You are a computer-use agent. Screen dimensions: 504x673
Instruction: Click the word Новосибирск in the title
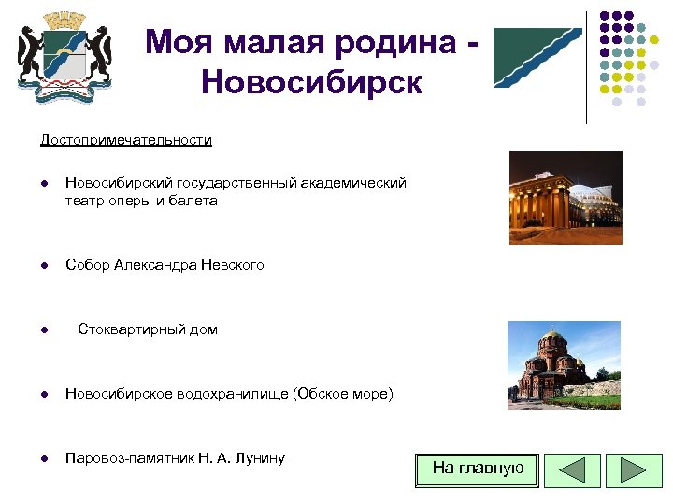click(x=311, y=83)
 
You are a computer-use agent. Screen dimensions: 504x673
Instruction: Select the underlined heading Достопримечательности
click(x=125, y=140)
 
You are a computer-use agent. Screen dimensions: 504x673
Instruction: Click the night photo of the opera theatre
click(x=565, y=197)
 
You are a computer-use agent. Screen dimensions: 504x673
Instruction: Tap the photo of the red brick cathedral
click(x=563, y=365)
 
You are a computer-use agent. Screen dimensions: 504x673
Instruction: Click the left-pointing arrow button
click(x=571, y=470)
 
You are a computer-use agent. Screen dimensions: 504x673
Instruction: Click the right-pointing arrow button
click(x=633, y=470)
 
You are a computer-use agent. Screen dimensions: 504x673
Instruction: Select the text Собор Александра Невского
click(x=165, y=265)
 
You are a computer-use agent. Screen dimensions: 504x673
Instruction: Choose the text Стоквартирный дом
click(x=148, y=329)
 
